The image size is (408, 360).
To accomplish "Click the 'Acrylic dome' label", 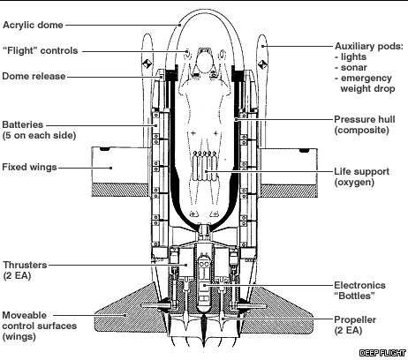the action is tap(33, 26).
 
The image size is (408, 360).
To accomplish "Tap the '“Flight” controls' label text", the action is tap(41, 50).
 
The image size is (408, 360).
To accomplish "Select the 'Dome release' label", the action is tap(34, 76).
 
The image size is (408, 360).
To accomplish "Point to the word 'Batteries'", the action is tap(23, 124).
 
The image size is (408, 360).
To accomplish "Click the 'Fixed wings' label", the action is tap(29, 167).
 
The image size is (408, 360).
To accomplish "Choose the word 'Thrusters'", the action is tap(25, 265).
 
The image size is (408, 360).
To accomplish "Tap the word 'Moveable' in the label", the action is tap(25, 315).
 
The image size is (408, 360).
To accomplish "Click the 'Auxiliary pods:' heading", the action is tap(369, 47).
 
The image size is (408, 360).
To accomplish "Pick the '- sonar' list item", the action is tap(351, 68).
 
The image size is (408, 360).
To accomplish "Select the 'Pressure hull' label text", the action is tap(365, 119).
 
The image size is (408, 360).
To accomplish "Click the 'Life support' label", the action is tap(362, 171).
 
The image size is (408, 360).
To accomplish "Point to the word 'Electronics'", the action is tap(359, 285).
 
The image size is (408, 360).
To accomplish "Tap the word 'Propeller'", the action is tap(355, 319).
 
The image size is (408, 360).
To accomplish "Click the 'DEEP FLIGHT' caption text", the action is tap(382, 353).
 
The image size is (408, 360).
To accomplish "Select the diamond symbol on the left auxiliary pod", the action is tap(147, 64).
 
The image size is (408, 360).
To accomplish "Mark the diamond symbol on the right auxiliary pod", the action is tap(262, 64).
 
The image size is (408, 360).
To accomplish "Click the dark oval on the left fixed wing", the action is tap(104, 149).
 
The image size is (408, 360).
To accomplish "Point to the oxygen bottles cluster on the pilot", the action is tap(205, 166).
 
